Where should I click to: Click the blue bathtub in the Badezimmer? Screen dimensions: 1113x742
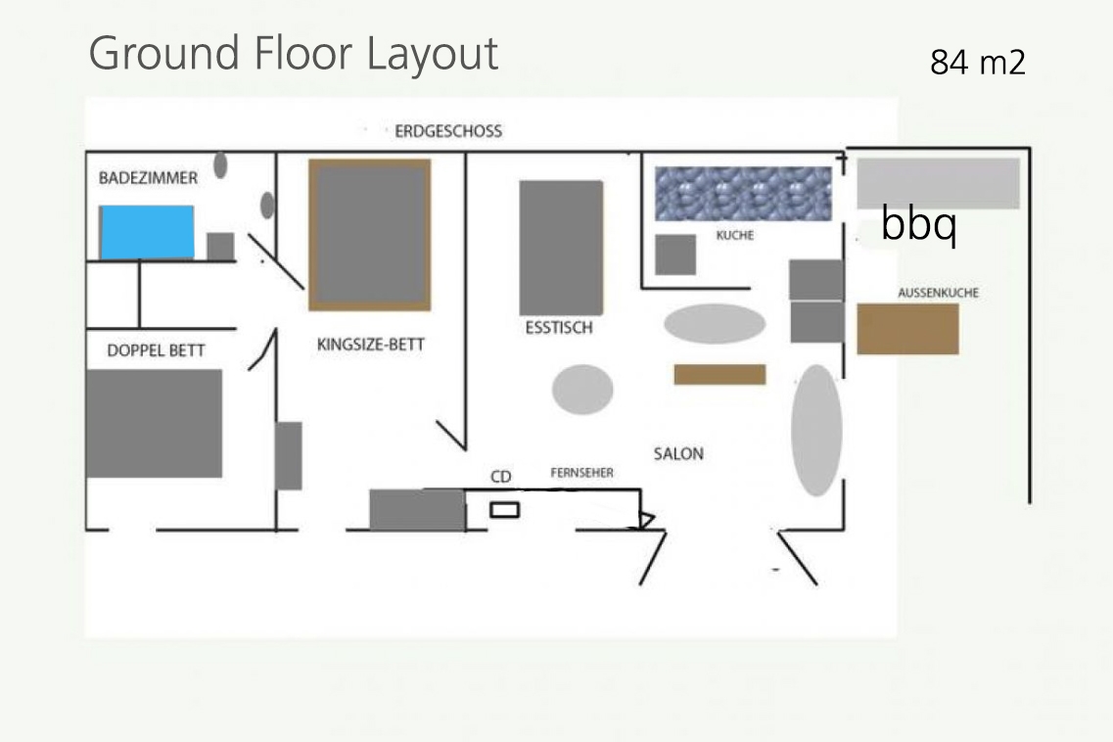[x=146, y=232]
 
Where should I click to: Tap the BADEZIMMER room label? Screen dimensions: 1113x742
[x=149, y=177]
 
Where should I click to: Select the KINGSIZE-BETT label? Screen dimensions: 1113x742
[x=371, y=345]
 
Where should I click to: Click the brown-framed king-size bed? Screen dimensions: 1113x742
[x=370, y=235]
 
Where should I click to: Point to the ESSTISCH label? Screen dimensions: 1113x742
[x=559, y=327]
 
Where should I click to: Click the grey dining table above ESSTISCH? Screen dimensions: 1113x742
[x=562, y=248]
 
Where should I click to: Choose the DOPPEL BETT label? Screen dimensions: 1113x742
[x=157, y=350]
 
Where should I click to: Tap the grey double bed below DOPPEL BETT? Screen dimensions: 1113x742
[x=154, y=423]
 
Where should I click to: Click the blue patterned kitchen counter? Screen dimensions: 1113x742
[x=743, y=194]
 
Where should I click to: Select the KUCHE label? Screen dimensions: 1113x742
[x=735, y=235]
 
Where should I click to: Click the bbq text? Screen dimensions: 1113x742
[x=919, y=223]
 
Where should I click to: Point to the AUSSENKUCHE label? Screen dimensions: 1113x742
[x=939, y=293]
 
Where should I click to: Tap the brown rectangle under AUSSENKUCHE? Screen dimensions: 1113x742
[x=907, y=330]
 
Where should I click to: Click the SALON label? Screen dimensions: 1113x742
[x=678, y=454]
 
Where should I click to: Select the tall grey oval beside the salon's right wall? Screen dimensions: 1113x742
[x=817, y=431]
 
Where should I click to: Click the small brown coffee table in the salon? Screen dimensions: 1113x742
[x=719, y=374]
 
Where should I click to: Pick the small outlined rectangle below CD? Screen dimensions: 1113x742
[x=505, y=509]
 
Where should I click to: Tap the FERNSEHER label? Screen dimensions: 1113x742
[x=582, y=472]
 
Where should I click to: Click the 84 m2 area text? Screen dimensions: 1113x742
[x=978, y=62]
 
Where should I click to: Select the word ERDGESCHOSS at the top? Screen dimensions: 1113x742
[x=448, y=130]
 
